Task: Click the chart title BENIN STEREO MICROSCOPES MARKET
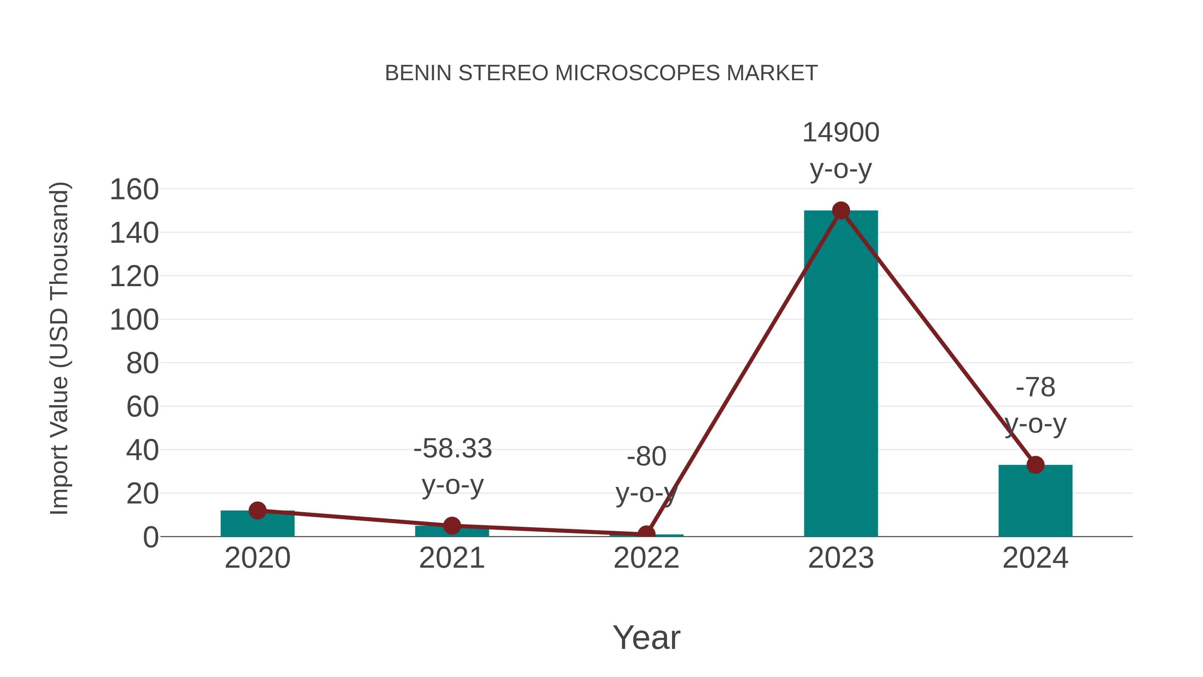coord(601,73)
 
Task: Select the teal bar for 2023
coord(841,374)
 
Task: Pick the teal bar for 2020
coord(257,525)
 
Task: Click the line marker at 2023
coord(841,211)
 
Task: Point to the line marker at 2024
coord(1035,465)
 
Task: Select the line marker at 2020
coord(257,511)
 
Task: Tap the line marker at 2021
coord(451,526)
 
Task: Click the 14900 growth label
coord(841,133)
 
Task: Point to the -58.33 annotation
coord(452,449)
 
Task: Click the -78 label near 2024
coord(1035,387)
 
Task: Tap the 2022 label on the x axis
coord(646,558)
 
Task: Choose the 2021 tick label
coord(451,558)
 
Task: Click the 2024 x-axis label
coord(1035,558)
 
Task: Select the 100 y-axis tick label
coord(134,321)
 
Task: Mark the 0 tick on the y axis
coord(151,537)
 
